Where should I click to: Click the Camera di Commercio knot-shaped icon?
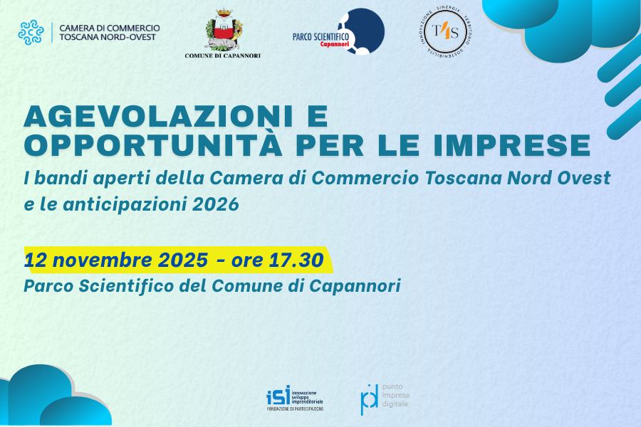31,32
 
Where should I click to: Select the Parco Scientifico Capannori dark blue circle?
361,31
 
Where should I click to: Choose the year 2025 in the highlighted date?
178,260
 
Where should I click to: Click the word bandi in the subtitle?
55,177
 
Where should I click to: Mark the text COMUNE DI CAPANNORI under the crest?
222,56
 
